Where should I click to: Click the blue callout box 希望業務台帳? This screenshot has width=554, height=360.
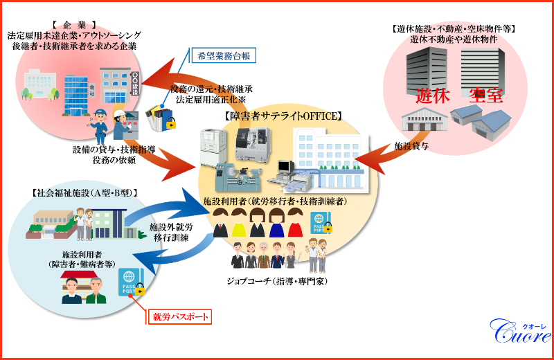[x=224, y=55]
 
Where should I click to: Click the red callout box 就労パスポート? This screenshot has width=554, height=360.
[x=179, y=317]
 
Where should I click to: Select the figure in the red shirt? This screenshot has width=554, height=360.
[x=296, y=223]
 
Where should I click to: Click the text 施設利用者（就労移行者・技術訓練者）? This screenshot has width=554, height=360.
[x=275, y=201]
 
